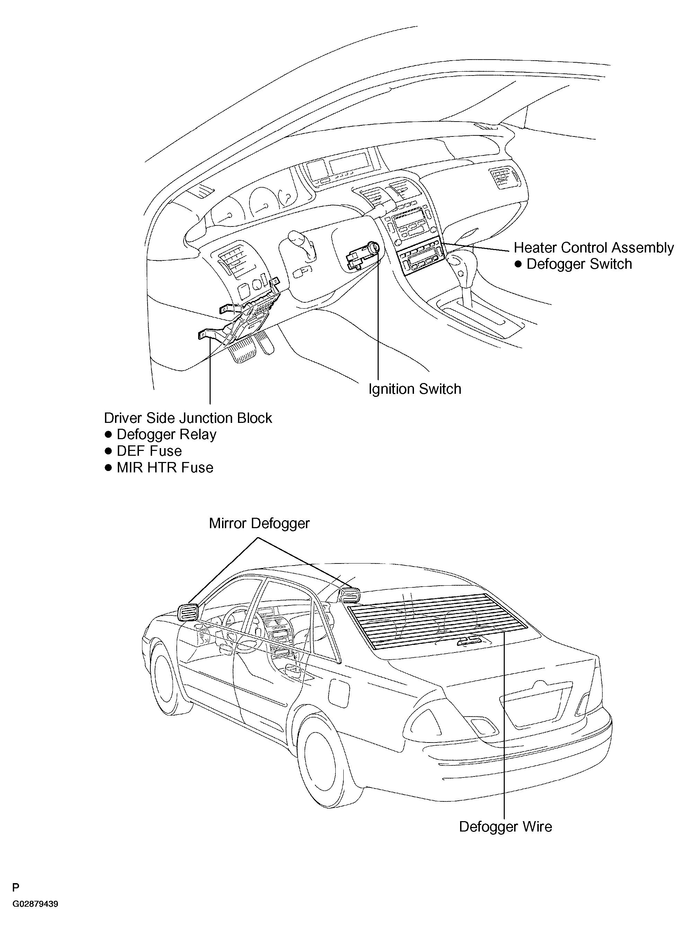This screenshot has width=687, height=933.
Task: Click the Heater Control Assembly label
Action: [x=593, y=248]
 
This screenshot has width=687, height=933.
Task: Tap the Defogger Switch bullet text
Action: [x=579, y=264]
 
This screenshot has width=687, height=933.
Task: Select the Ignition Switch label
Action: [x=415, y=389]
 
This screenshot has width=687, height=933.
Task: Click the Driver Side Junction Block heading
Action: [x=188, y=418]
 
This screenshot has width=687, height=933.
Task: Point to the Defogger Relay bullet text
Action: [x=166, y=434]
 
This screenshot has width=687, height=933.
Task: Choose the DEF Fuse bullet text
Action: [x=149, y=451]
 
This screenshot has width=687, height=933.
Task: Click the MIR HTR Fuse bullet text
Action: [x=165, y=468]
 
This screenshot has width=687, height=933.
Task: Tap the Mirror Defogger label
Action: [x=259, y=523]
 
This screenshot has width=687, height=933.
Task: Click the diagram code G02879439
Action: [x=35, y=904]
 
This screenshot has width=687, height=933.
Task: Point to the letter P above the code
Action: [x=16, y=888]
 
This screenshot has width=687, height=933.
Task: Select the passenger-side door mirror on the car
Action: [x=349, y=596]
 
